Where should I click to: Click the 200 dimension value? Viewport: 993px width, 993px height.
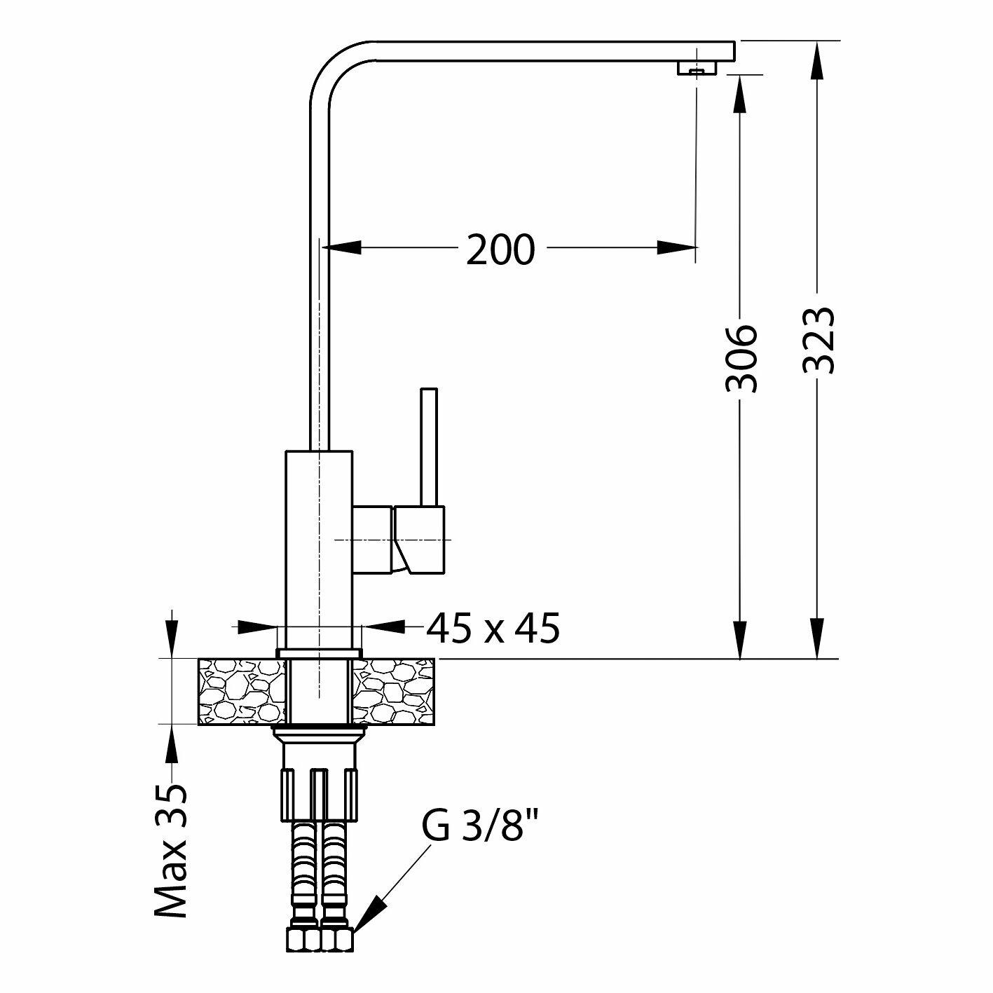500,249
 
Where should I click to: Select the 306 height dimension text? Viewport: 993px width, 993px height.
741,357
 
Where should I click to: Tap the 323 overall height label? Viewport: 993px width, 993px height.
819,340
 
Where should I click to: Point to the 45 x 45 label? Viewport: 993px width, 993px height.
493,628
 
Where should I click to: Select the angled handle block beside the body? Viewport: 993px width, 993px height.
419,539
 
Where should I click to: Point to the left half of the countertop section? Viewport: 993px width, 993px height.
242,691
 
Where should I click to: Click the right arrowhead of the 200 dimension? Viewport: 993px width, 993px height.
677,247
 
